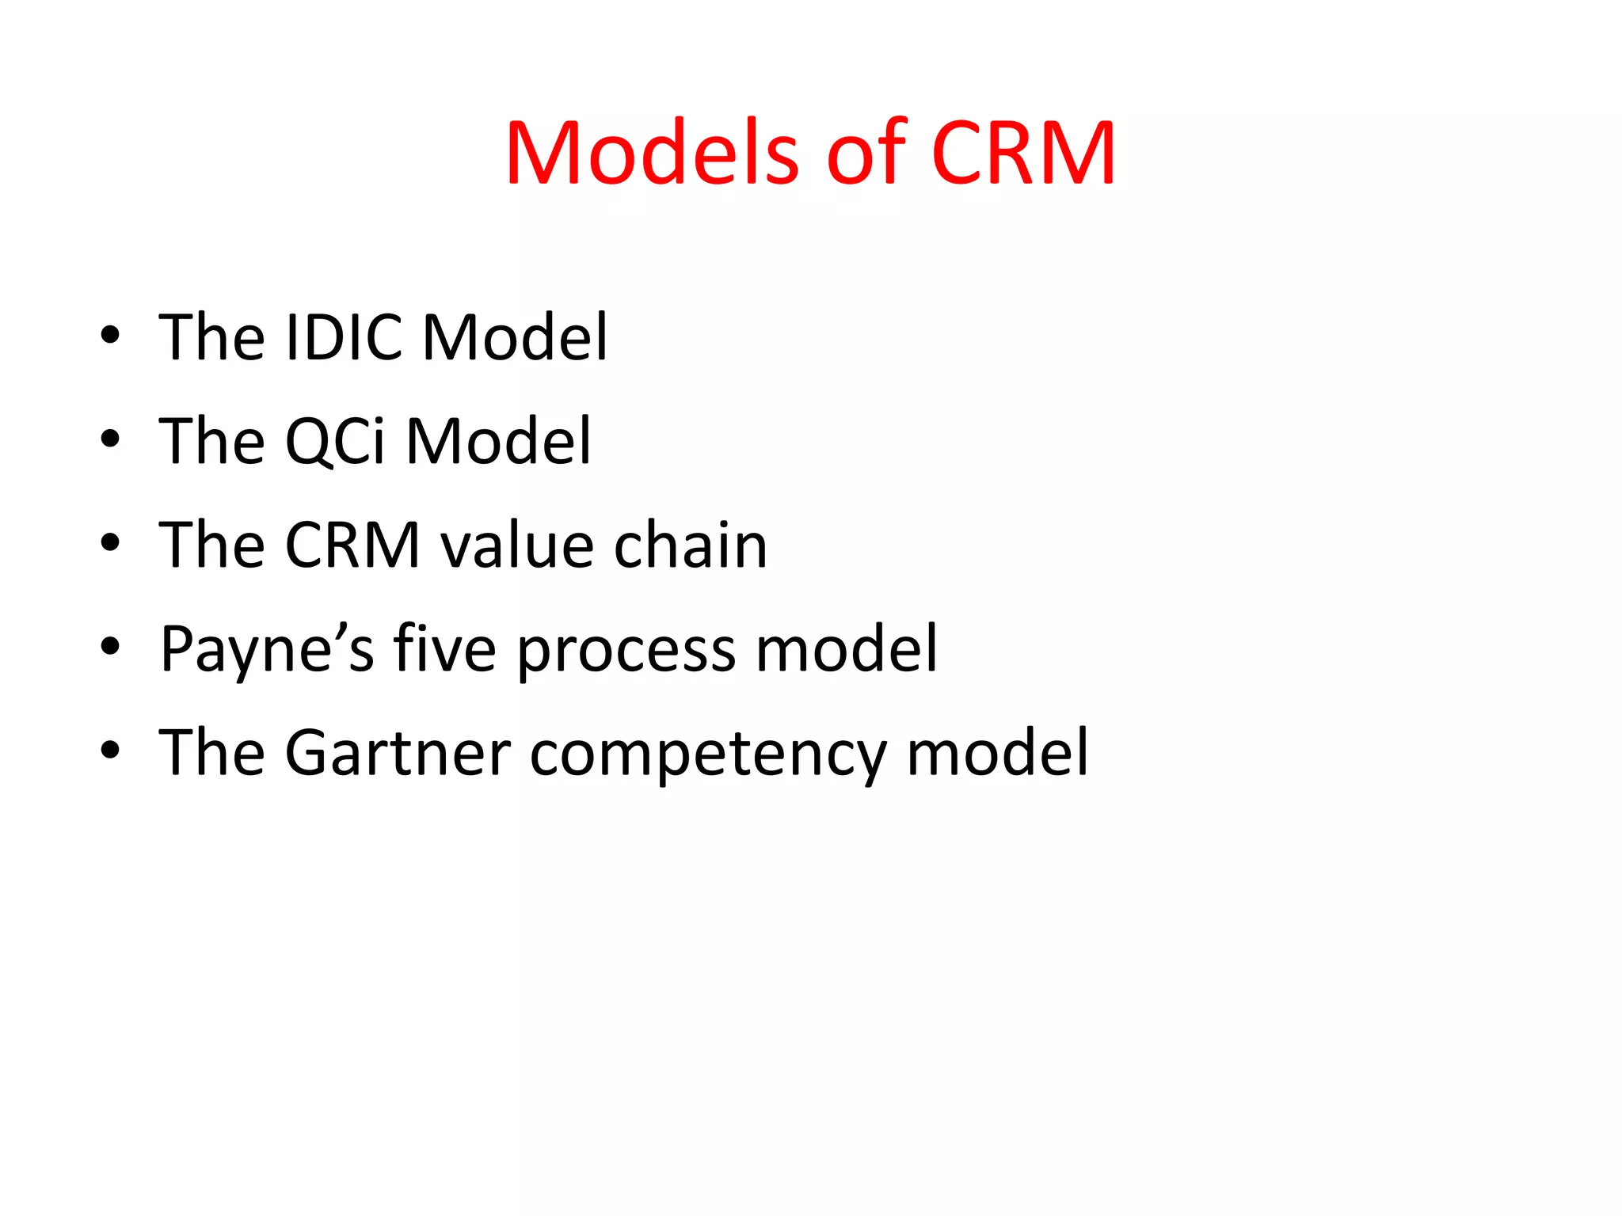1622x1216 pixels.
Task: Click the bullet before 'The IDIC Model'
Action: pyautogui.click(x=110, y=335)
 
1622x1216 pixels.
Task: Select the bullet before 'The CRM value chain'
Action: pyautogui.click(x=110, y=543)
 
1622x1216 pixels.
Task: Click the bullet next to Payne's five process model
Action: pyautogui.click(x=110, y=647)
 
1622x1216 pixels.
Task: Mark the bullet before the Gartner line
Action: pyautogui.click(x=110, y=750)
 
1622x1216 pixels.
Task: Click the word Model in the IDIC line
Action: pyautogui.click(x=516, y=338)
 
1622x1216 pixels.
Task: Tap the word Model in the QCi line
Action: pyautogui.click(x=498, y=442)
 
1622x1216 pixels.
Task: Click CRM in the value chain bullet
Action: pyautogui.click(x=352, y=545)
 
